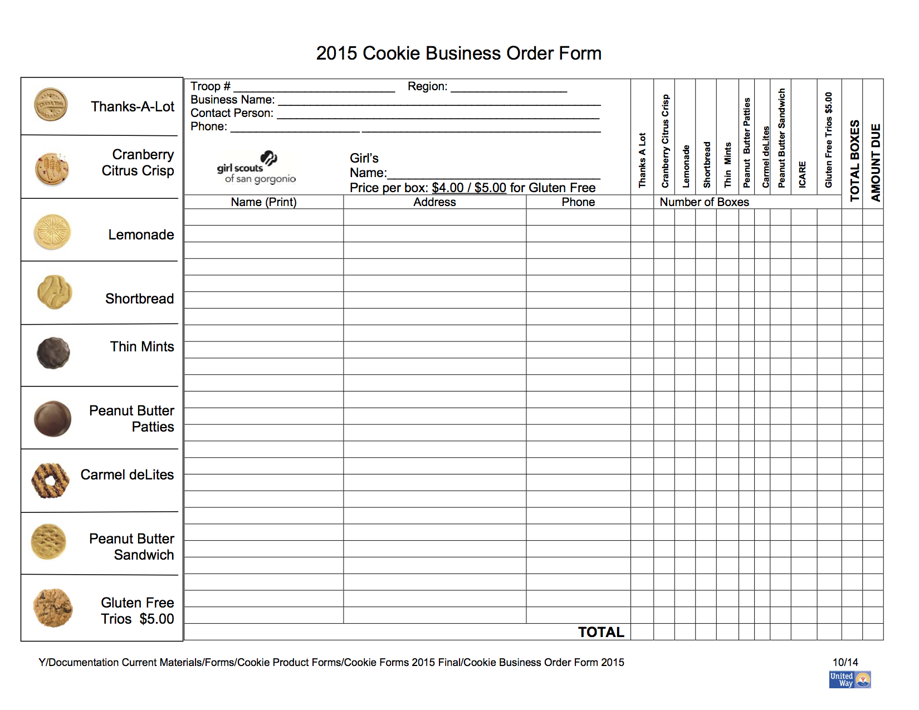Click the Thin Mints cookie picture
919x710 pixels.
click(53, 352)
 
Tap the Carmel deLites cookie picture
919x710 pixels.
click(50, 480)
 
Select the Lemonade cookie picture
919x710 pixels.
click(52, 232)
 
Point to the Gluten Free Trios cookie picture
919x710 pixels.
click(52, 608)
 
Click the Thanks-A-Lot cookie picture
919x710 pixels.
click(51, 104)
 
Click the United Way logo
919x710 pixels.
click(849, 679)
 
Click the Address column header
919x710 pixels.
click(434, 202)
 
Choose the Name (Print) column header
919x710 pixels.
click(263, 202)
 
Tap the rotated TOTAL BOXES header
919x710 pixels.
click(854, 160)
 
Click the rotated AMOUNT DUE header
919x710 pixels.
click(876, 163)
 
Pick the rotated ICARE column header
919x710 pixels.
click(802, 174)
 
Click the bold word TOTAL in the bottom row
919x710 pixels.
click(601, 632)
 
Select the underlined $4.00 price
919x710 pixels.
click(447, 188)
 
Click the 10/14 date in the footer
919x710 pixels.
click(845, 662)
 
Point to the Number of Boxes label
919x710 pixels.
click(704, 202)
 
